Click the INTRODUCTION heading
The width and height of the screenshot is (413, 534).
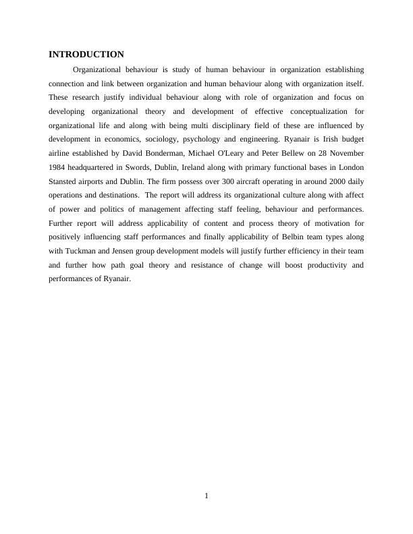click(86, 55)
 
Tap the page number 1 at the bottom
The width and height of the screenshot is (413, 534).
click(206, 497)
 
